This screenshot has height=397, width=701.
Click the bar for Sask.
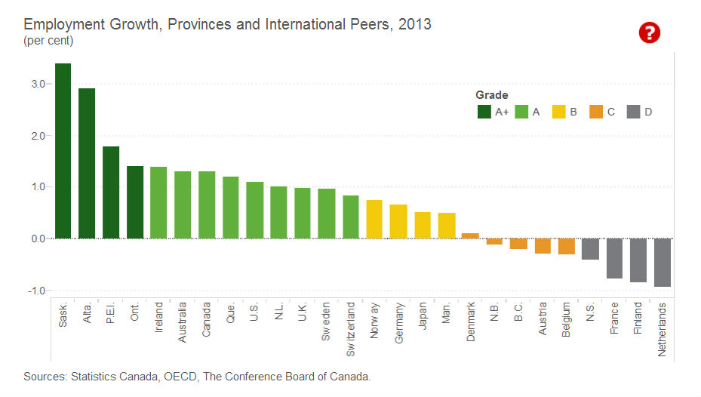[x=63, y=151]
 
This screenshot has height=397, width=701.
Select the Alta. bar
[x=87, y=163]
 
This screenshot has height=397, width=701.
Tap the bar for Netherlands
[x=662, y=262]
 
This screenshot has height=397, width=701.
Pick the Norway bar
[x=374, y=219]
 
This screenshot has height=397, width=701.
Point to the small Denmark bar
[x=470, y=235]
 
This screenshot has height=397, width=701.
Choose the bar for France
[x=614, y=258]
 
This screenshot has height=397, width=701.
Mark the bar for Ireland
[x=158, y=202]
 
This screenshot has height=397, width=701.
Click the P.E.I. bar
[x=111, y=192]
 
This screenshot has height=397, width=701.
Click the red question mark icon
[x=649, y=32]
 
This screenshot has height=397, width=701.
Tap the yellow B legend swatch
[x=559, y=112]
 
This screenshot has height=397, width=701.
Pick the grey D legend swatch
[x=633, y=112]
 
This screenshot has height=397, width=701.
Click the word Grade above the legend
[x=491, y=95]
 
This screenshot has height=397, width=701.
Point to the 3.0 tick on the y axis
[x=38, y=83]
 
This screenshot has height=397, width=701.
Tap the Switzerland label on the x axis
[x=351, y=330]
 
